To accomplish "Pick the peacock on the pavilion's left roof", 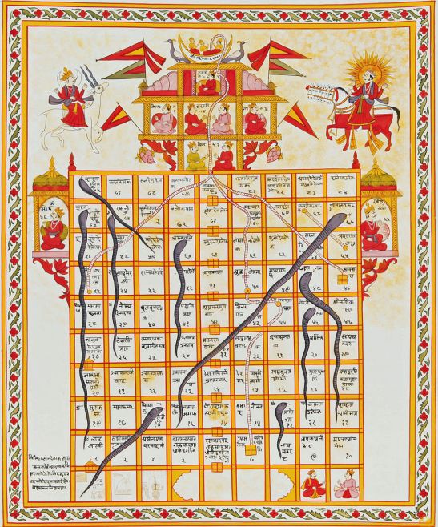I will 175,48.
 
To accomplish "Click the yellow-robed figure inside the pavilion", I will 195,157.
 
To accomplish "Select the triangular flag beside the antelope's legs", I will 115,119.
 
